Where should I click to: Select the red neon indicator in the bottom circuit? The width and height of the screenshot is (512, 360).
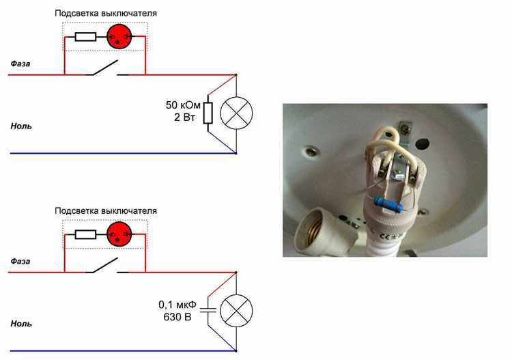(119, 234)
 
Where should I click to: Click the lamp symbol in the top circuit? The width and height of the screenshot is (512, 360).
(236, 113)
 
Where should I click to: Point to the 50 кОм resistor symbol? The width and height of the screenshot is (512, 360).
(208, 113)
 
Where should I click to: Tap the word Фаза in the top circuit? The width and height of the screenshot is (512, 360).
(20, 64)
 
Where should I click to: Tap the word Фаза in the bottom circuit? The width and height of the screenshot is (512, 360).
(20, 261)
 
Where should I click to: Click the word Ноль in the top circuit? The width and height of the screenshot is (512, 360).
(21, 126)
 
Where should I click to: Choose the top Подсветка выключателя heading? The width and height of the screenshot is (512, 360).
(105, 13)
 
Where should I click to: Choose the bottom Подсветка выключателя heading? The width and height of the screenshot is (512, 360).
(105, 211)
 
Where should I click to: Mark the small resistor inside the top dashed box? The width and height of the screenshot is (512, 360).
(85, 36)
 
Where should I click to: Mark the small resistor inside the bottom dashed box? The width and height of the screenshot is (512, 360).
(85, 234)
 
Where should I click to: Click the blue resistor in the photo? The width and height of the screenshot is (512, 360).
(389, 203)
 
